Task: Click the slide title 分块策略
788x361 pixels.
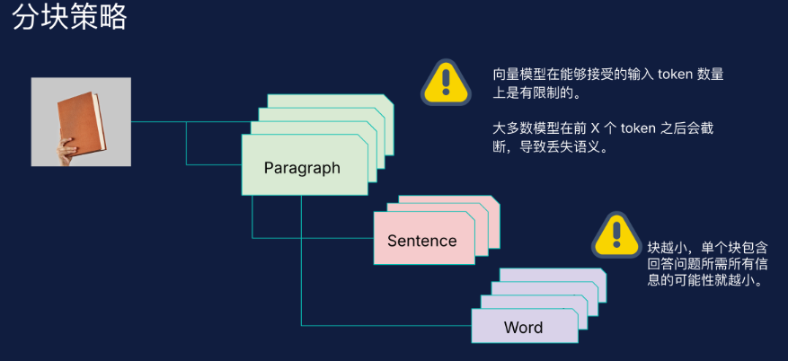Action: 70,16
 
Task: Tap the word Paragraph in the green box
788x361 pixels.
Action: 302,167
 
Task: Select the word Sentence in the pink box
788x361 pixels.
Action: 421,241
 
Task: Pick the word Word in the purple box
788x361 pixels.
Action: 523,327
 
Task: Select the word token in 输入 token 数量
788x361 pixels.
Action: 676,75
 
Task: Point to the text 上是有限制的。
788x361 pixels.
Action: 537,93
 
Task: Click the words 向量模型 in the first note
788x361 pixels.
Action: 515,75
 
